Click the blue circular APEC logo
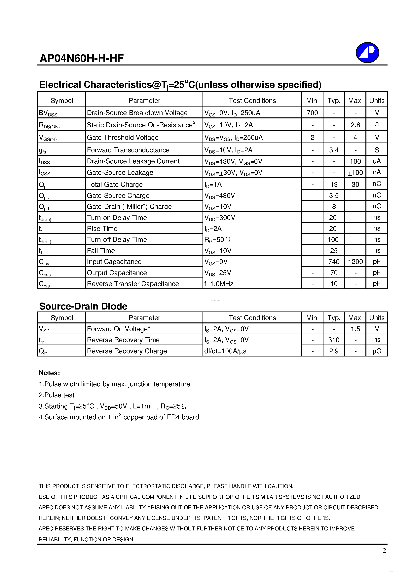367,53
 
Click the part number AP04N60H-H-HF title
82,58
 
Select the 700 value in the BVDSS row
312,113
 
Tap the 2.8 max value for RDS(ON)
355,125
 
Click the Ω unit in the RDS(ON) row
377,125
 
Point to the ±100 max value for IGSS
355,173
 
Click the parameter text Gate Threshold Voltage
123,137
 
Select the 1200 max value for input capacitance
355,262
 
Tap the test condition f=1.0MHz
219,284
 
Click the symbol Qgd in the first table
44,207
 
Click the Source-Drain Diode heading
83,306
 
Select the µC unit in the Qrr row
377,351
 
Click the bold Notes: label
49,373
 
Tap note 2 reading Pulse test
56,395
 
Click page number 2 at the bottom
384,550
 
